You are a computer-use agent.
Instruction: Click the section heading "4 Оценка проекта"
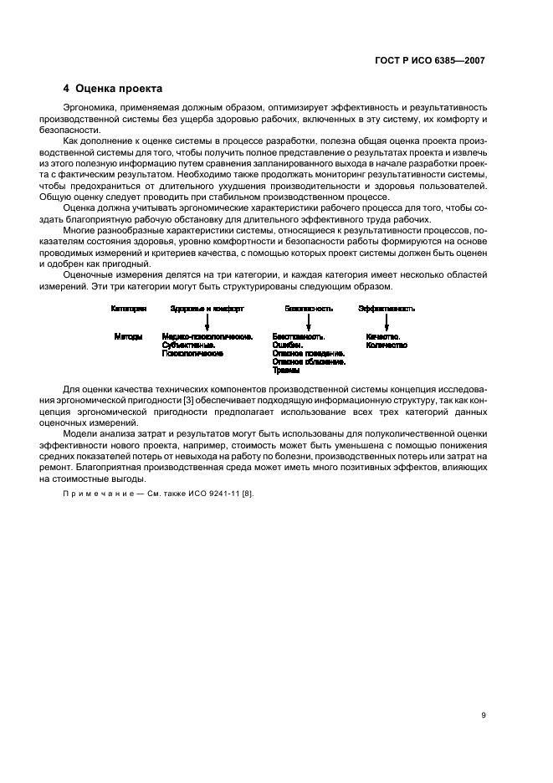(x=113, y=88)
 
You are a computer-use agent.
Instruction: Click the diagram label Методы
(x=128, y=336)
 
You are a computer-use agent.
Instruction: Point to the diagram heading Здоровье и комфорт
(x=207, y=309)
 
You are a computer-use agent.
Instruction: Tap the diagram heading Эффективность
(x=387, y=309)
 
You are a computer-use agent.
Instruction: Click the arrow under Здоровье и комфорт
(x=207, y=322)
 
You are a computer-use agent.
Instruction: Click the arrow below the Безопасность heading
(x=309, y=322)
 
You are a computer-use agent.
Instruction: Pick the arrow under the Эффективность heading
(x=387, y=322)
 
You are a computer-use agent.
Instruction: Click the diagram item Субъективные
(x=189, y=345)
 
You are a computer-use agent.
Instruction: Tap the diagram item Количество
(x=387, y=345)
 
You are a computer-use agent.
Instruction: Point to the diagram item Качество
(x=383, y=336)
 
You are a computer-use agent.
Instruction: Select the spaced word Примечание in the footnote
(x=98, y=494)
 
